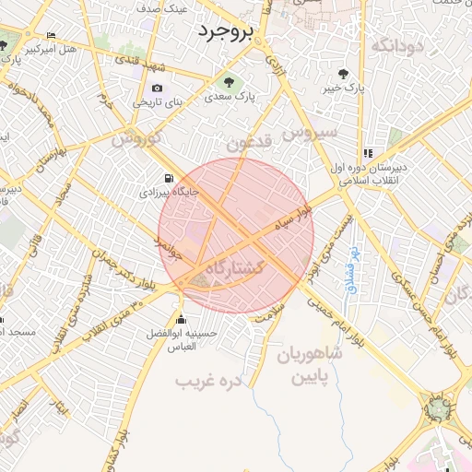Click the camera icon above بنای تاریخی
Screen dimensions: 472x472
coord(156,88)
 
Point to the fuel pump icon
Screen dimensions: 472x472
coord(168,179)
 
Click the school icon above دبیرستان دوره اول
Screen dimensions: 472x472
coord(369,154)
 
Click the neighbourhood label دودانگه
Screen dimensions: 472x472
coord(399,43)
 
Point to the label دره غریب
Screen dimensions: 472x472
coord(208,379)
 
